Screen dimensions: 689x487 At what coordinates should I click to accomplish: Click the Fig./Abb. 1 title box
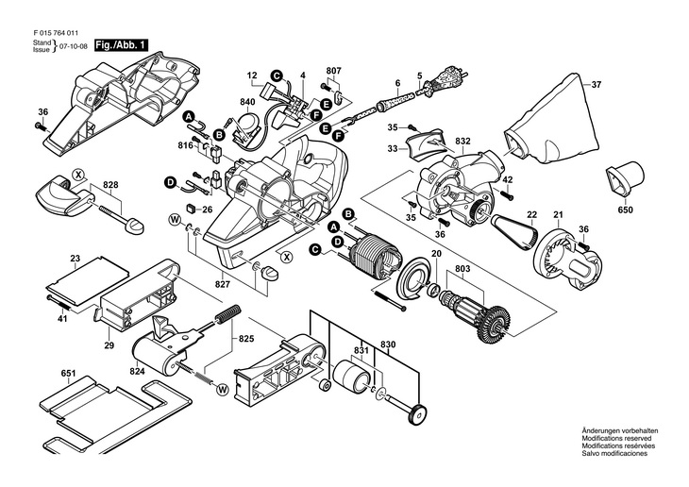(121, 45)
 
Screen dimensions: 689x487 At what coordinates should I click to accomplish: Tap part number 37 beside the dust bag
(596, 85)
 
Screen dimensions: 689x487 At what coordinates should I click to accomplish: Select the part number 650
(625, 210)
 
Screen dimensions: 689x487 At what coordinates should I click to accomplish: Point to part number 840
(247, 102)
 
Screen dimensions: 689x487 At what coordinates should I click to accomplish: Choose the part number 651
(69, 374)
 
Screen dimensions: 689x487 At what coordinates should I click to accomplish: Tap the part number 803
(462, 269)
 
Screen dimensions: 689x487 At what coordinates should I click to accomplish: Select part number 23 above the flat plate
(76, 259)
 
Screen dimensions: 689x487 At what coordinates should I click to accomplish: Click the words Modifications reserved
(616, 439)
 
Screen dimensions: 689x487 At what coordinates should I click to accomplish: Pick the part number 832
(462, 141)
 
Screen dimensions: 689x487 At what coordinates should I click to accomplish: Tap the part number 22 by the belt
(532, 214)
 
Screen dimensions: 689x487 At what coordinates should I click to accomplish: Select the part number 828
(110, 185)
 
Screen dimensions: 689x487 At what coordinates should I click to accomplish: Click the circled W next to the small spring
(223, 389)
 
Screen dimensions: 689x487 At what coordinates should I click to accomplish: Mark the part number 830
(388, 345)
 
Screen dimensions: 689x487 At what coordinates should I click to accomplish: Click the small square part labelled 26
(192, 208)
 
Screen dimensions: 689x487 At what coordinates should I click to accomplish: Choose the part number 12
(251, 76)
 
